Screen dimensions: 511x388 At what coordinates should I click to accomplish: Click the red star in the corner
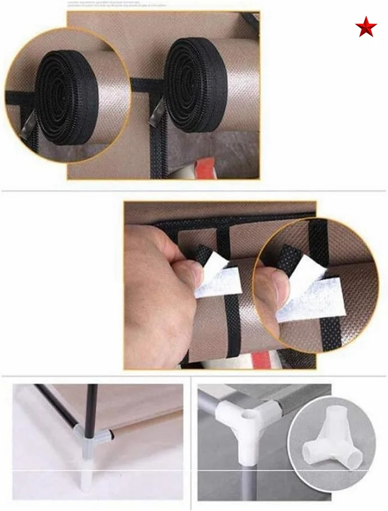coord(366,27)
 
